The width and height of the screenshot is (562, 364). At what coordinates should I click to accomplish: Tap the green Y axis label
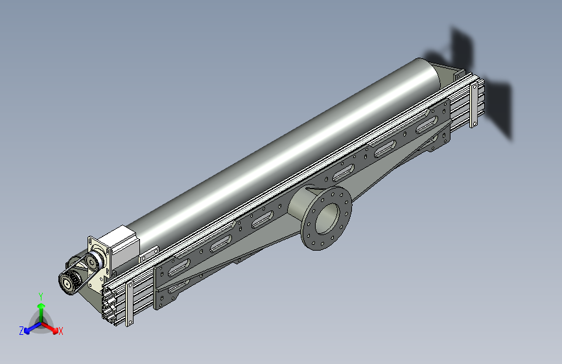pyautogui.click(x=41, y=296)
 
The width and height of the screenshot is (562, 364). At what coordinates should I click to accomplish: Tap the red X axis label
pyautogui.click(x=60, y=331)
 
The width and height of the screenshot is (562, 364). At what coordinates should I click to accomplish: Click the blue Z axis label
pyautogui.click(x=21, y=331)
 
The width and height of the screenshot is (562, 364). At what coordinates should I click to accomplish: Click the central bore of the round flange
pyautogui.click(x=327, y=218)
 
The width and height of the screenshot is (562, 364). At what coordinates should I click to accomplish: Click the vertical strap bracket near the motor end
pyautogui.click(x=129, y=303)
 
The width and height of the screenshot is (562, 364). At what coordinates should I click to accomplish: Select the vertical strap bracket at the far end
pyautogui.click(x=473, y=105)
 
